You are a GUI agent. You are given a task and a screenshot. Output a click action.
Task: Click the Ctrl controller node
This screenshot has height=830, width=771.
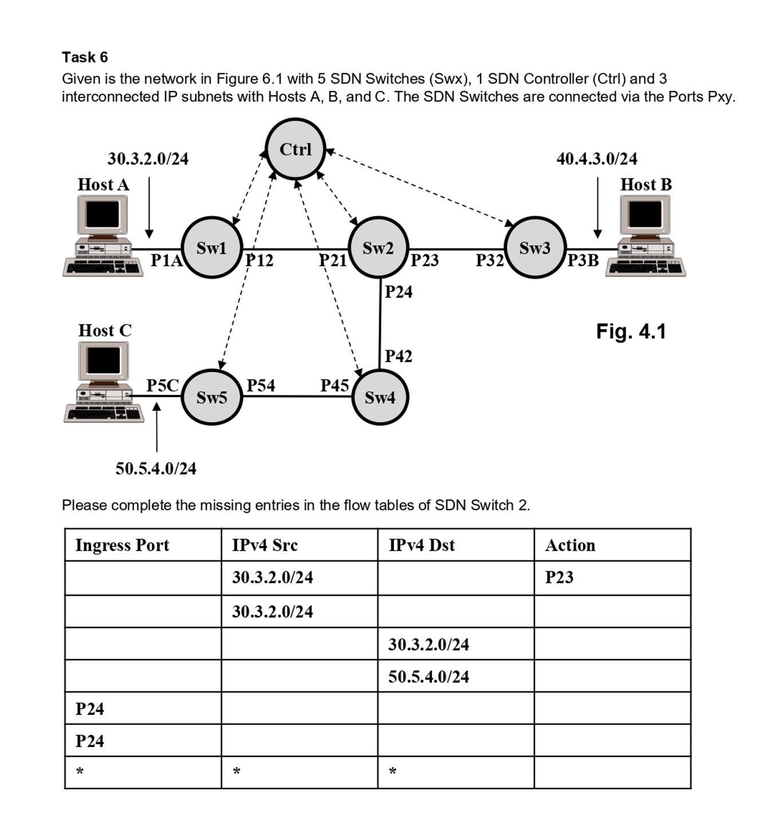coord(296,149)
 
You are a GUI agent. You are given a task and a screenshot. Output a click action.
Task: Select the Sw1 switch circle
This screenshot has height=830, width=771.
coord(212,248)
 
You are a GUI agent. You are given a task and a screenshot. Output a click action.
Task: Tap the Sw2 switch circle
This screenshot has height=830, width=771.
coord(378,248)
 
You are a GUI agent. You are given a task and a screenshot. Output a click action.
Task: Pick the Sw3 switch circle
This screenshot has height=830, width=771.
coord(535,248)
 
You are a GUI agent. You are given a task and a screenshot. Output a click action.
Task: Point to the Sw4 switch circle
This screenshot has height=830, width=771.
coord(380,397)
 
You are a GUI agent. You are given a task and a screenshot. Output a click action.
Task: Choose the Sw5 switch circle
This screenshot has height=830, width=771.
coord(212,397)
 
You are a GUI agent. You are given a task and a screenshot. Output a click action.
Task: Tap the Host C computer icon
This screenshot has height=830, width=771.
coord(104,382)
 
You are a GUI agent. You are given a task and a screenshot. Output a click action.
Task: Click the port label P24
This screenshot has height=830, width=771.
coord(399,292)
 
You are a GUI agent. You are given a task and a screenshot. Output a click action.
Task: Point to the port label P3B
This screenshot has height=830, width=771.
coord(583,260)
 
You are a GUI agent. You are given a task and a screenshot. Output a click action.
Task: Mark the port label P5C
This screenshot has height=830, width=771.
coord(163,385)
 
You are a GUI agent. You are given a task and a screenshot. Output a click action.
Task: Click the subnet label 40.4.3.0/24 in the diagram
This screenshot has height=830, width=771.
coord(597,159)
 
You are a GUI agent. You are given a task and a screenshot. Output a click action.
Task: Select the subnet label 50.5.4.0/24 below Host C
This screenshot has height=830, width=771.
coord(156,469)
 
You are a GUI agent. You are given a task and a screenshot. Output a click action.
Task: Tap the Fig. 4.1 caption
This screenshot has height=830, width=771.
coord(631,331)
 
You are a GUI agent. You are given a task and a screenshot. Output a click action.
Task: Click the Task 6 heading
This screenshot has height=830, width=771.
coord(85,57)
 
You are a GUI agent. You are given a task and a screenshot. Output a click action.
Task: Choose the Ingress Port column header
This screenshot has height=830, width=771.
coord(122,545)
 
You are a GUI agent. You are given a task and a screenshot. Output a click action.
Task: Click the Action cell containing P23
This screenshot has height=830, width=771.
coord(559,578)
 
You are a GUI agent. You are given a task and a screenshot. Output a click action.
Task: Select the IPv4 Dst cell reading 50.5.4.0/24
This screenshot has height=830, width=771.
coord(428,677)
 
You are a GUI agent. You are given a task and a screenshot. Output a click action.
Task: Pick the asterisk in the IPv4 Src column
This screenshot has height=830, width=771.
coord(237,772)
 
